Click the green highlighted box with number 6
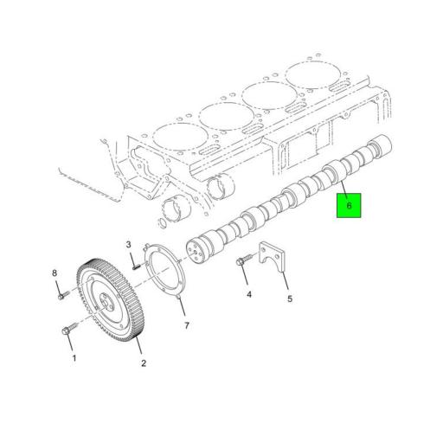point(349,205)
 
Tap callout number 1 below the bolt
point(74,358)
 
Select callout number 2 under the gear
point(144,363)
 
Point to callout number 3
point(128,245)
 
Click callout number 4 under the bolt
point(249,294)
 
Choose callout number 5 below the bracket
point(290,299)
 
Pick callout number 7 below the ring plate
point(187,325)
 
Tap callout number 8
point(55,273)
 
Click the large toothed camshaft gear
point(112,300)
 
